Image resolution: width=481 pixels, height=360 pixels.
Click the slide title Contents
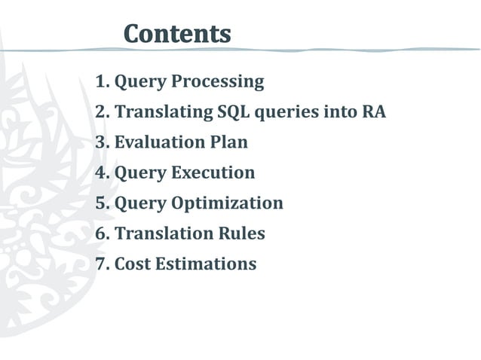click(177, 33)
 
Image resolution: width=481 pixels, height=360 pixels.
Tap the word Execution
click(213, 173)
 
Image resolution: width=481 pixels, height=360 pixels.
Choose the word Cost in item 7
click(132, 264)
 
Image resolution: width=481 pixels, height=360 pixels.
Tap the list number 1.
click(101, 81)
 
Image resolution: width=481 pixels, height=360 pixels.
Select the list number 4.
click(101, 173)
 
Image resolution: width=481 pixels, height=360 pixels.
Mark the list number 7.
click(101, 264)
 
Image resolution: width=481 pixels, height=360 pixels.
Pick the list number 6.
click(101, 233)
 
